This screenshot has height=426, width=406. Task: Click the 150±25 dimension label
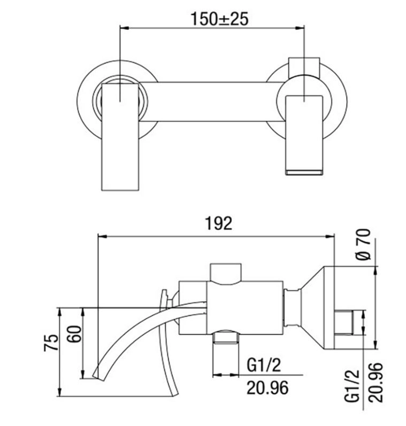coord(219,19)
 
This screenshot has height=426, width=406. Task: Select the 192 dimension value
coord(218,223)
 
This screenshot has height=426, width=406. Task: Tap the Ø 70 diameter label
coord(363,244)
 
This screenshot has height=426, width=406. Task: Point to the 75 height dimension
coord(51,343)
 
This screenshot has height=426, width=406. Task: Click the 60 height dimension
coord(74,334)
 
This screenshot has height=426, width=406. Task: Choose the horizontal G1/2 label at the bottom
coord(264,365)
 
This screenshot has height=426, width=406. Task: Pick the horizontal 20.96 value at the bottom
coord(267,388)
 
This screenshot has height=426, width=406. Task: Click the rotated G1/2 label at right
coord(352,386)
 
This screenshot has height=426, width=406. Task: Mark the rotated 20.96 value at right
coord(376,382)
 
